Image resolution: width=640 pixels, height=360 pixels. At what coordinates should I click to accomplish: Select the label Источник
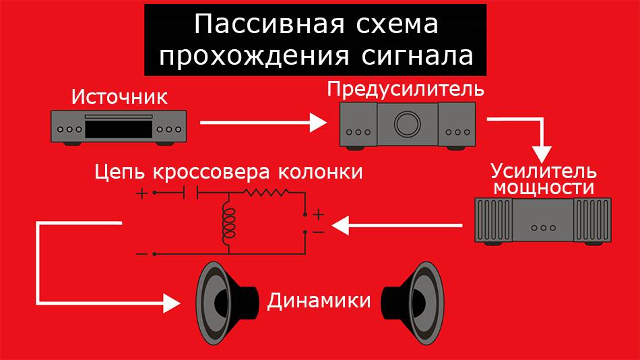point(119,96)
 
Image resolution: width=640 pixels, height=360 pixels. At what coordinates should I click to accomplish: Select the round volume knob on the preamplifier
point(406,124)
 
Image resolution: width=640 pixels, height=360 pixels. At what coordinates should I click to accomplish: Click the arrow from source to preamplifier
point(263,123)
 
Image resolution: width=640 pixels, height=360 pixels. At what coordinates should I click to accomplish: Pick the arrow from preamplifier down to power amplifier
point(539,138)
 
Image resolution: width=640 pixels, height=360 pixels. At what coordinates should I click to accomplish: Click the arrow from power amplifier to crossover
point(397,225)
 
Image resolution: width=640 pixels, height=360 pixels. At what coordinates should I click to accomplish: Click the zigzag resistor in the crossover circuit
point(267,193)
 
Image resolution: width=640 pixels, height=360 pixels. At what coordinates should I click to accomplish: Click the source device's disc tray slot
point(119,117)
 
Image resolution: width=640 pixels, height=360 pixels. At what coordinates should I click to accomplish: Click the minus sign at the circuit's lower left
point(141,253)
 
